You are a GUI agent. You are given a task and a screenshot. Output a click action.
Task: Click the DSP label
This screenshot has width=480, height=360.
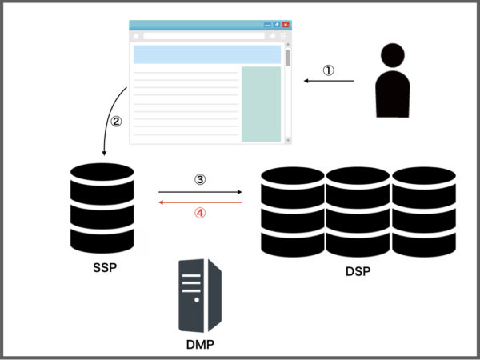pyautogui.click(x=358, y=272)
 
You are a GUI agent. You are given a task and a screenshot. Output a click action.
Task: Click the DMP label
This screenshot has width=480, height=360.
pyautogui.click(x=200, y=344)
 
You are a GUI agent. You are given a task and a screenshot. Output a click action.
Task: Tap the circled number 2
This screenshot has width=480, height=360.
pyautogui.click(x=116, y=122)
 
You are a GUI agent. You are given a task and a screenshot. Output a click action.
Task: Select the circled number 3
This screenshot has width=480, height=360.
pyautogui.click(x=201, y=180)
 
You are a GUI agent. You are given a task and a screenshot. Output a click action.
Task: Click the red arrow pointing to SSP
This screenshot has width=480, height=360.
pyautogui.click(x=200, y=203)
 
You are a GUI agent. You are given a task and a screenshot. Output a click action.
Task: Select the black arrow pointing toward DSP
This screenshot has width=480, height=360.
pyautogui.click(x=200, y=192)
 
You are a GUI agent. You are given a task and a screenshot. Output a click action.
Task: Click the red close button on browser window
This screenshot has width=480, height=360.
pyautogui.click(x=286, y=26)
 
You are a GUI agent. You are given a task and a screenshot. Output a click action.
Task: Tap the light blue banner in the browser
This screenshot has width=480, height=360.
pyautogui.click(x=206, y=54)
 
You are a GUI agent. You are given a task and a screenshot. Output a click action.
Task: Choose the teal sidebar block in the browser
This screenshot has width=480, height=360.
pyautogui.click(x=261, y=104)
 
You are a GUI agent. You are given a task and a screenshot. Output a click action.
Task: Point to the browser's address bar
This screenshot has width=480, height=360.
pyautogui.click(x=203, y=36)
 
